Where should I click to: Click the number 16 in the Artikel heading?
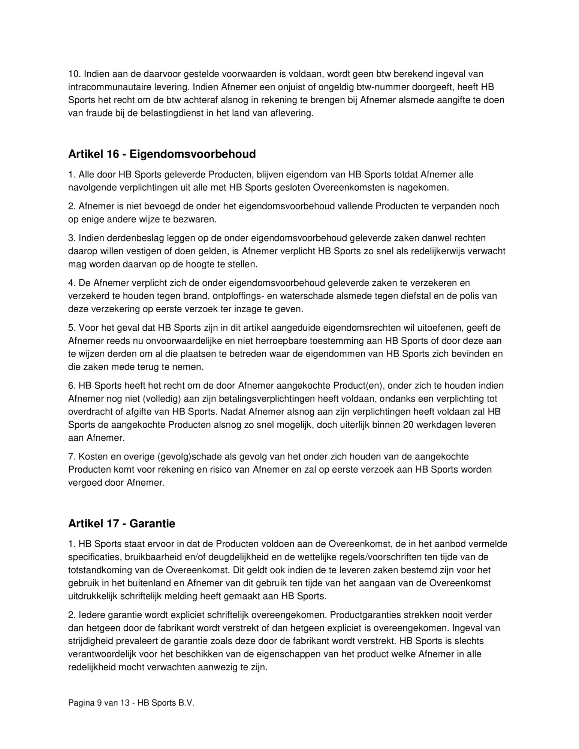[x=111, y=154]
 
